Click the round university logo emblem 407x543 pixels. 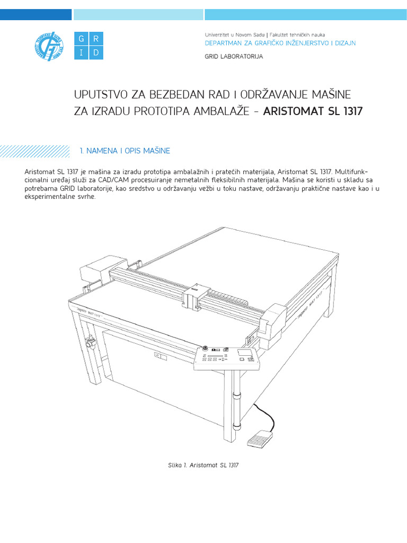[48, 45]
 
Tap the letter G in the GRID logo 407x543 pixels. [81, 39]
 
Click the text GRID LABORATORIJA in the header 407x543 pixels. [234, 56]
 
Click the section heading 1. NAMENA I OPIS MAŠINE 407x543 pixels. [125, 151]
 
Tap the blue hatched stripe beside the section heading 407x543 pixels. [34, 151]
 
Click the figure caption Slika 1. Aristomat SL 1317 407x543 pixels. [203, 465]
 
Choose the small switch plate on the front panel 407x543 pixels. [160, 357]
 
